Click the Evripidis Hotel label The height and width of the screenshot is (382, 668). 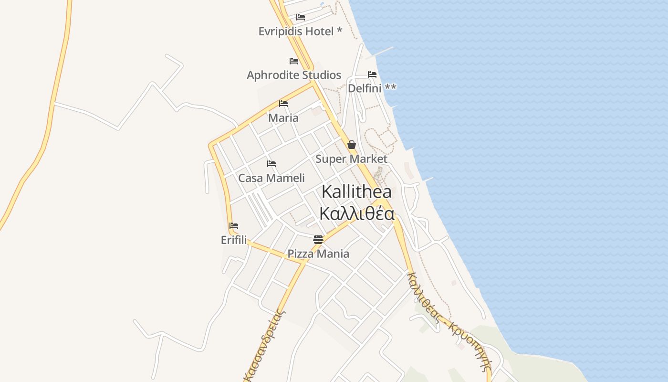pyautogui.click(x=300, y=32)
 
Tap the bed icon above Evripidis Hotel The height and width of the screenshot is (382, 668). pyautogui.click(x=301, y=17)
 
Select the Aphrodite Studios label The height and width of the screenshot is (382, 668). pyautogui.click(x=294, y=75)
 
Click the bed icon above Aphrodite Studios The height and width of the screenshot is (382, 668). pyautogui.click(x=294, y=61)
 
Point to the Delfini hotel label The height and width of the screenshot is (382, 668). pyautogui.click(x=372, y=88)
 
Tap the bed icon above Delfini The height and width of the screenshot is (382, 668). pyautogui.click(x=372, y=74)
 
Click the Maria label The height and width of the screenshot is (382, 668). pyautogui.click(x=283, y=118)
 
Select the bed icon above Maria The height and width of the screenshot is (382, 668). pyautogui.click(x=283, y=104)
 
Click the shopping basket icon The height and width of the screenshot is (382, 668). pyautogui.click(x=352, y=145)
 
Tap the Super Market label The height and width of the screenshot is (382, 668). pyautogui.click(x=351, y=159)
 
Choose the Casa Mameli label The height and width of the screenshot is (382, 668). pyautogui.click(x=271, y=178)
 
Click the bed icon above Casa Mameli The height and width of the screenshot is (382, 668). pyautogui.click(x=271, y=164)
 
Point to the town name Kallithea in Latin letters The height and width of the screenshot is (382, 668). pyautogui.click(x=357, y=192)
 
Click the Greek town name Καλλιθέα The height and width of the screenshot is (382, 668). pyautogui.click(x=357, y=213)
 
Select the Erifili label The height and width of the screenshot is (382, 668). pyautogui.click(x=234, y=240)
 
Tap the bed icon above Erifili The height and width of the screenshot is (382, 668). pyautogui.click(x=234, y=226)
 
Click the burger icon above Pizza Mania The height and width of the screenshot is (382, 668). pyautogui.click(x=318, y=239)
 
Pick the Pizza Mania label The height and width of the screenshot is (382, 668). pyautogui.click(x=318, y=254)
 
